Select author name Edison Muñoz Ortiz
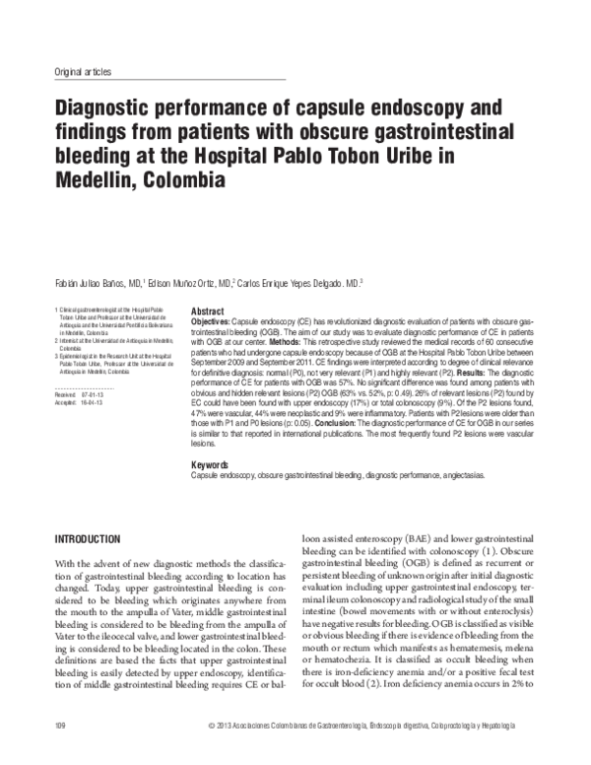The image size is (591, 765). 187,282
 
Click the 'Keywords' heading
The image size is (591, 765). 208,463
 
